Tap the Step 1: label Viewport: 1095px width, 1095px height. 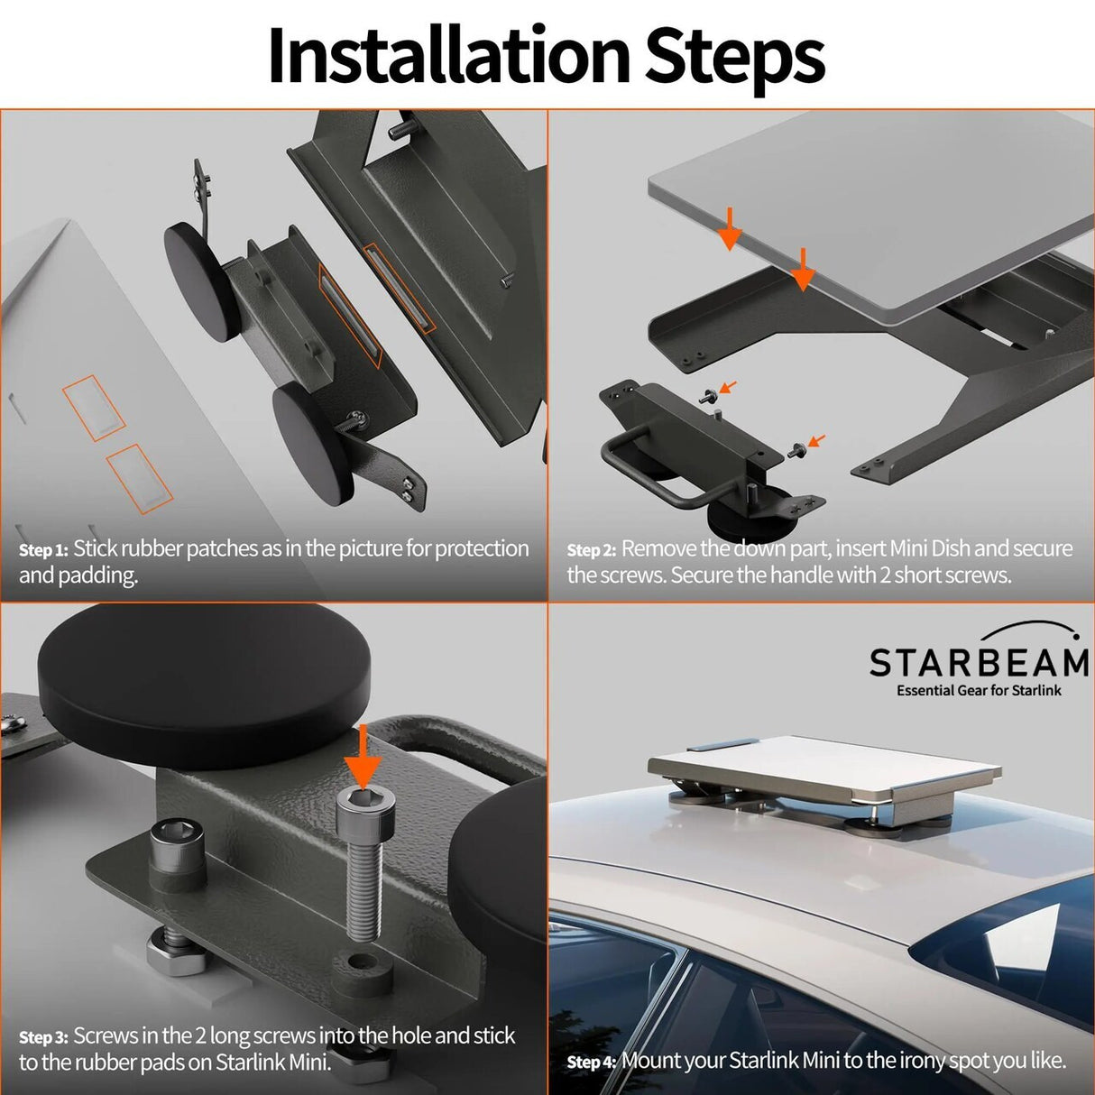pyautogui.click(x=42, y=550)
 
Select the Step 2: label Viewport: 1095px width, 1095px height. pyautogui.click(x=591, y=550)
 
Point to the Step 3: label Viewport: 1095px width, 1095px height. pyautogui.click(x=42, y=1038)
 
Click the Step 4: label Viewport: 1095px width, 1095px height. pyautogui.click(x=591, y=1063)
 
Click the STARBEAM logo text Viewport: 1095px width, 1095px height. pyautogui.click(x=979, y=663)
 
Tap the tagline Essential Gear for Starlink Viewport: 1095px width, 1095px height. pyautogui.click(x=979, y=691)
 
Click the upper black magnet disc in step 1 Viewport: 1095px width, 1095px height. pyautogui.click(x=202, y=281)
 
